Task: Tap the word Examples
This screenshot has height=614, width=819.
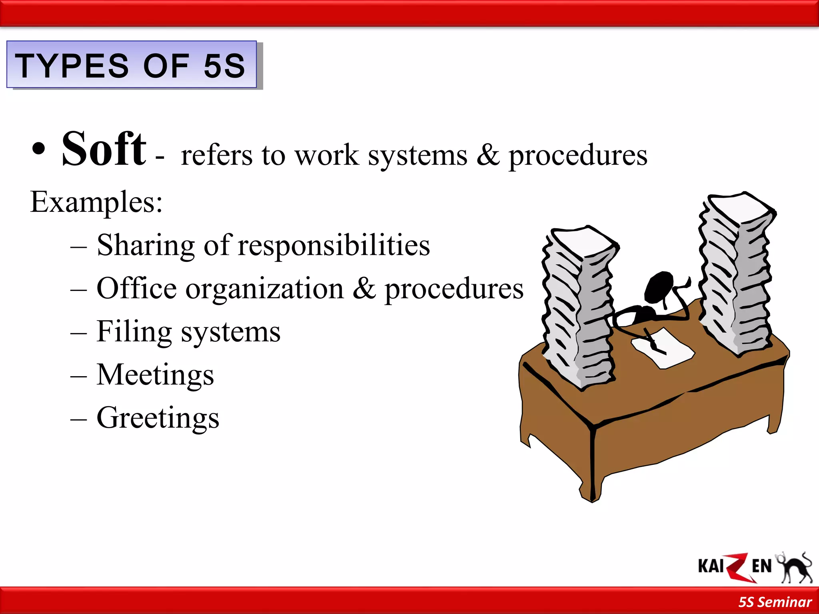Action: tap(96, 203)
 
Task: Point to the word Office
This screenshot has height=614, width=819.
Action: tap(136, 288)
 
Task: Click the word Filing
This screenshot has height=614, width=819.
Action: tap(134, 332)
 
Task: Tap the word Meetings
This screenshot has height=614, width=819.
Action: tap(155, 375)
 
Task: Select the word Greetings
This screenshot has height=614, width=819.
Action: tap(158, 418)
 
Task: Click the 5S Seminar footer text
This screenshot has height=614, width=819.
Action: tap(775, 602)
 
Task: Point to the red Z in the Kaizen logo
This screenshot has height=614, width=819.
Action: tap(736, 567)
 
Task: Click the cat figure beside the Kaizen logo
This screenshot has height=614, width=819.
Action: tap(796, 568)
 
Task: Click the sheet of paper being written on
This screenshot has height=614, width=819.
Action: tap(664, 347)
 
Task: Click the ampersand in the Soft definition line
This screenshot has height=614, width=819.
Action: tap(488, 155)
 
